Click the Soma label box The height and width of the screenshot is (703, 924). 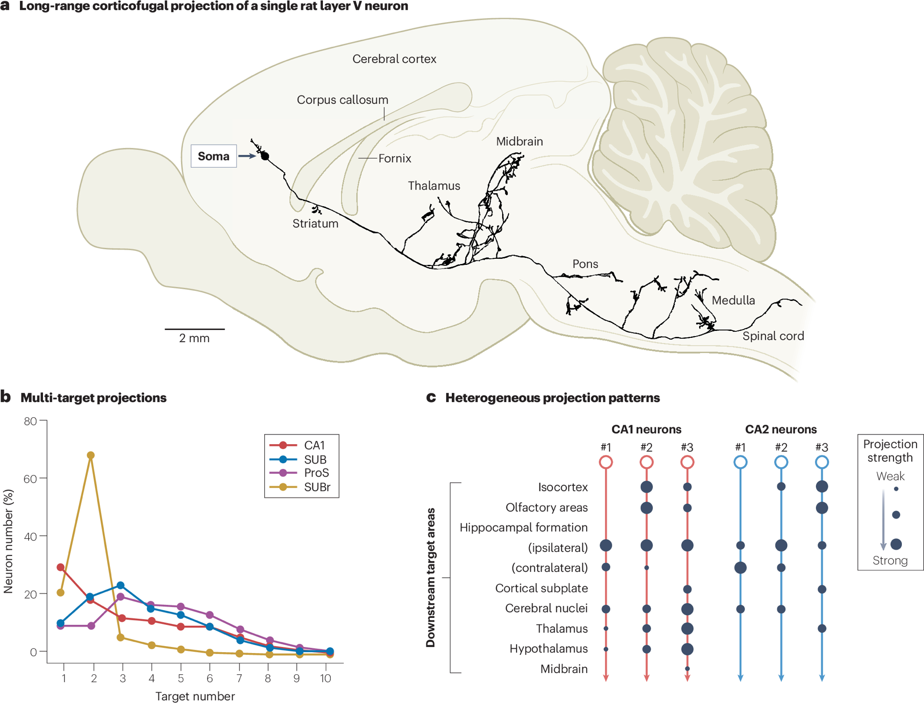213,156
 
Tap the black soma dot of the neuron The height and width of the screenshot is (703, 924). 265,156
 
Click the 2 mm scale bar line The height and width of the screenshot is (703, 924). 195,329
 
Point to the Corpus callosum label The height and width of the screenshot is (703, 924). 342,100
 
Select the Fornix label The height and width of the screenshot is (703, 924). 395,159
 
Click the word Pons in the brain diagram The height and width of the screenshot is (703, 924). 585,264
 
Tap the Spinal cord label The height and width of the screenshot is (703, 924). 773,336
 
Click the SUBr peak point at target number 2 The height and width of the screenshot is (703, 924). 91,455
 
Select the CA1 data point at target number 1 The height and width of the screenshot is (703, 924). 61,567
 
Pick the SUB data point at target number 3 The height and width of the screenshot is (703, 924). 121,586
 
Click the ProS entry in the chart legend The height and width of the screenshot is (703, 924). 316,473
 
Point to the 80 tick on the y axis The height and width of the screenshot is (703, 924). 30,421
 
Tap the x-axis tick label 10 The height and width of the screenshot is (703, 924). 326,678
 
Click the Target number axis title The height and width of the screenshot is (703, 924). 195,696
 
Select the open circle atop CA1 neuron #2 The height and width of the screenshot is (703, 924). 646,462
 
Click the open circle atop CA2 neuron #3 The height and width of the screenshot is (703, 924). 821,462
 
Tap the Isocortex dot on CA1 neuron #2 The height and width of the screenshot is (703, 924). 646,487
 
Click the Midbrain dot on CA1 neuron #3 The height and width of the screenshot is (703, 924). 687,669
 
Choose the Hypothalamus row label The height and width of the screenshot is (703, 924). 548,649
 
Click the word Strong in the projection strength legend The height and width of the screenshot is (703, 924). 890,561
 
